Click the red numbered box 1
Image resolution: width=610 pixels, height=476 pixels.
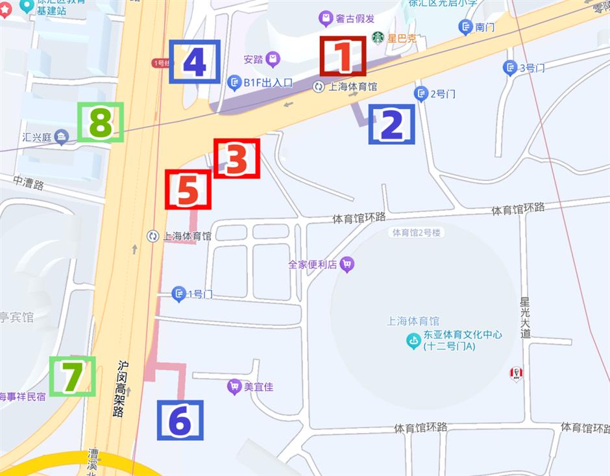pos(342,57)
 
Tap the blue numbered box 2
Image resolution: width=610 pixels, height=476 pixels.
pos(391,124)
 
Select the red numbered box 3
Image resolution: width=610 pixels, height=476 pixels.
pos(236,158)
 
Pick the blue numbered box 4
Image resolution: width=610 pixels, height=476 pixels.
pos(195,62)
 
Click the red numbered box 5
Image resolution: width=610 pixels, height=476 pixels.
pos(188,189)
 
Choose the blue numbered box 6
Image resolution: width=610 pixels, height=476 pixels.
pos(180,420)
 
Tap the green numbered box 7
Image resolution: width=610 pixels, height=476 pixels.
pos(72,376)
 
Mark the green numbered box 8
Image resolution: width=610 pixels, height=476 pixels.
pos(101,122)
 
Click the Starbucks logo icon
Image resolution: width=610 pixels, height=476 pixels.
pos(378,38)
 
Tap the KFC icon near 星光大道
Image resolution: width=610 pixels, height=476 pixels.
pos(516,373)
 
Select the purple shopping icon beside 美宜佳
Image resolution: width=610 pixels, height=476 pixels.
pos(234,387)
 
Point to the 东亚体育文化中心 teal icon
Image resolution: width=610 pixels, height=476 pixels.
pos(413,340)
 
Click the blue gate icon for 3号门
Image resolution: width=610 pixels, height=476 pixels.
pos(510,68)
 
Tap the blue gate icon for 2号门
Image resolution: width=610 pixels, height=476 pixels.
pos(421,94)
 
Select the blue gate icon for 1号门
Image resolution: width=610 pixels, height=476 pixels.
pos(178,294)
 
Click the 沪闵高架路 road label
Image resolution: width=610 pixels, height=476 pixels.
pos(121,389)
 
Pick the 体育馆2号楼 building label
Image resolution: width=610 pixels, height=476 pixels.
pos(417,232)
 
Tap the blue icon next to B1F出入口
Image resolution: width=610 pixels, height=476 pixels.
pos(234,82)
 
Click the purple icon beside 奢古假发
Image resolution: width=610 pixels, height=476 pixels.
pos(325,18)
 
